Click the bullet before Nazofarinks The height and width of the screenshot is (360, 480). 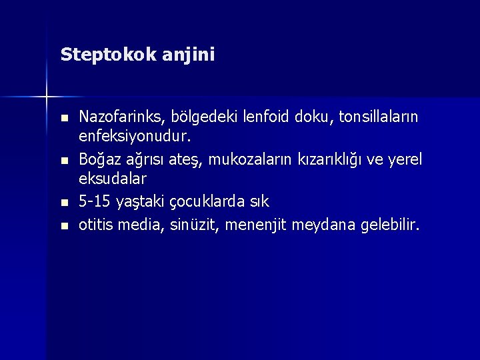click(x=63, y=118)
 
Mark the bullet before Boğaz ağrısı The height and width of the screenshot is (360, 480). click(x=63, y=160)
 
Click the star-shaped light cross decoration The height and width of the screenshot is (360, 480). click(x=47, y=97)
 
